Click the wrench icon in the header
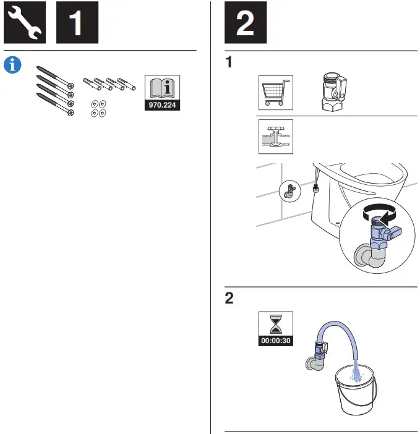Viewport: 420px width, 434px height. pyautogui.click(x=25, y=23)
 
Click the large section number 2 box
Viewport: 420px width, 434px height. pyautogui.click(x=246, y=23)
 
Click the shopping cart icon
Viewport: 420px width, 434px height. pyautogui.click(x=275, y=93)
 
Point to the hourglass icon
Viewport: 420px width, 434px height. pyautogui.click(x=275, y=324)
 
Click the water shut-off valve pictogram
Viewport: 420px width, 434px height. pyautogui.click(x=275, y=137)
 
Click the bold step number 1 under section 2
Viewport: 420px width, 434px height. pyautogui.click(x=229, y=64)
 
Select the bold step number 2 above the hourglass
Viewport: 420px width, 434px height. pyautogui.click(x=229, y=299)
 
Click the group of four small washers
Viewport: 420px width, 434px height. pyautogui.click(x=98, y=108)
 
